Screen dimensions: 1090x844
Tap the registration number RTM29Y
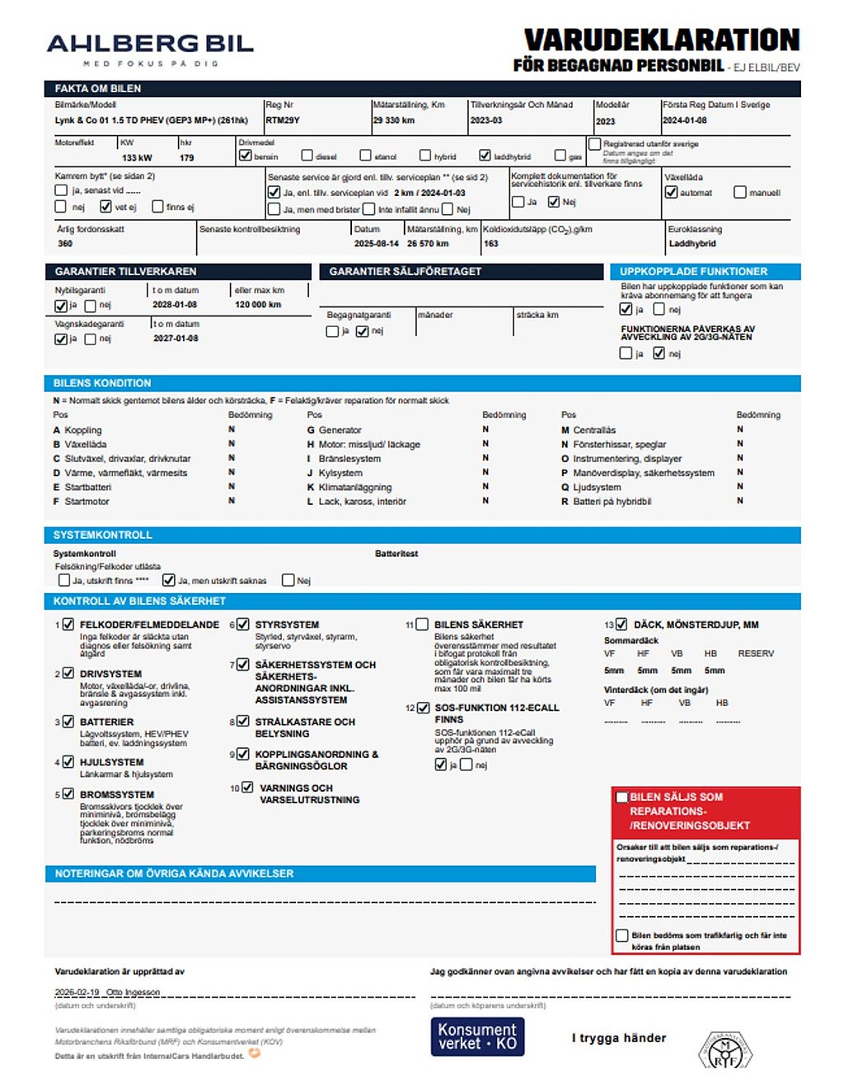click(283, 120)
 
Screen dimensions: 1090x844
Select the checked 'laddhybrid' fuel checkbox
click(485, 156)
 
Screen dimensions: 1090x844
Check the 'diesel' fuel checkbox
click(307, 156)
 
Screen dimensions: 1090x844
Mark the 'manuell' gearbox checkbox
click(739, 192)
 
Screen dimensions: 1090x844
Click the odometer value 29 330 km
click(394, 120)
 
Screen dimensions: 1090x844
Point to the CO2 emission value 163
click(491, 244)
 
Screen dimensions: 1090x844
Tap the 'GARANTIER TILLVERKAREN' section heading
click(125, 271)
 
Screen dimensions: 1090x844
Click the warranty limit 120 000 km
click(259, 305)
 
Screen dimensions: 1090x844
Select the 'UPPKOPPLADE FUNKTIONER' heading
click(693, 271)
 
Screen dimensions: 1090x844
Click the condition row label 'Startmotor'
click(87, 501)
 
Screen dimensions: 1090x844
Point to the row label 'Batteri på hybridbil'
click(612, 501)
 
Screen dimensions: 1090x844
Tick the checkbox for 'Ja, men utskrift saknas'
click(169, 580)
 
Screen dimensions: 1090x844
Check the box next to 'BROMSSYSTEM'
click(68, 794)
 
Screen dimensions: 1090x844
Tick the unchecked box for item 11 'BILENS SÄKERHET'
click(422, 625)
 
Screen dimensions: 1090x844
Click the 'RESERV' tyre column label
click(756, 653)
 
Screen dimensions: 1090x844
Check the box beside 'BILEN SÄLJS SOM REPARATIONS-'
click(623, 797)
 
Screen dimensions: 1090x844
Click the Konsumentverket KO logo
click(477, 1036)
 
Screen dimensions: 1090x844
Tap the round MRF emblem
click(725, 1050)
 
